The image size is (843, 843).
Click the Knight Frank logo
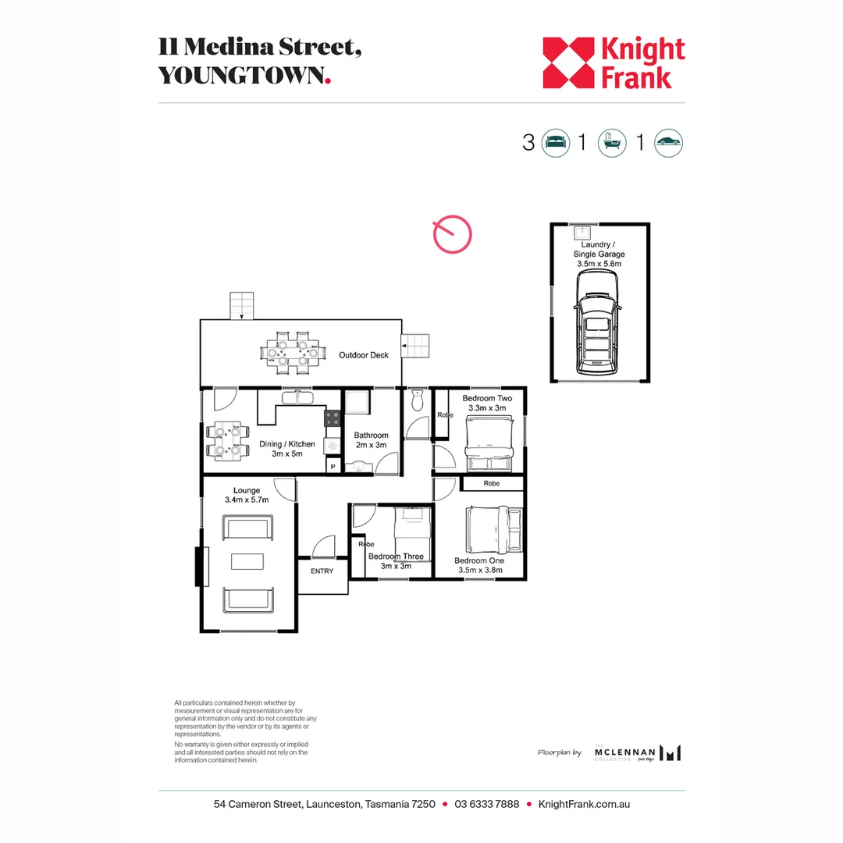click(x=614, y=62)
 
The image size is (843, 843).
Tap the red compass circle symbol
click(x=453, y=234)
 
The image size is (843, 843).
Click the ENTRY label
click(x=322, y=571)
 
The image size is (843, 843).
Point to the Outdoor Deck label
click(x=364, y=355)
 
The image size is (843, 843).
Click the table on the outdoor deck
click(x=293, y=354)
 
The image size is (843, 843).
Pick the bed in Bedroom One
click(x=493, y=530)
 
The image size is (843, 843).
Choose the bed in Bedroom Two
click(x=489, y=442)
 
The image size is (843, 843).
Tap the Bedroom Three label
click(x=396, y=557)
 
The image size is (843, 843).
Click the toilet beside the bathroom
click(x=416, y=400)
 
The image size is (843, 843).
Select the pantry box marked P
click(x=333, y=466)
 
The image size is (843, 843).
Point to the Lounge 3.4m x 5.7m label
click(x=247, y=495)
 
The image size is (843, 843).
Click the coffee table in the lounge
click(x=248, y=562)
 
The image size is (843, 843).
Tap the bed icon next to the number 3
click(x=554, y=142)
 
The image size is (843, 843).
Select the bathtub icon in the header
click(x=611, y=142)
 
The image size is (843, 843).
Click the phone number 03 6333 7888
click(x=486, y=804)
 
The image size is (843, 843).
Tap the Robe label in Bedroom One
click(x=491, y=484)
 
